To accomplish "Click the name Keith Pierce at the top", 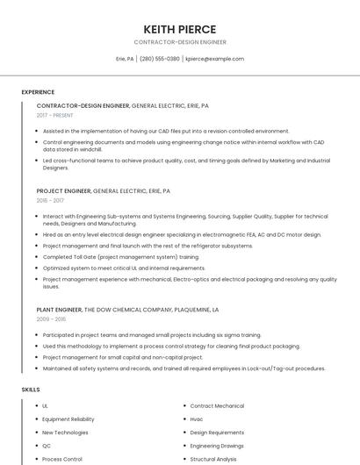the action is pos(180,29).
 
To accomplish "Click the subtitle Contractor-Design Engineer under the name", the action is pos(180,42).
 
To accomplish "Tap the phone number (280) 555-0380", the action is pos(159,59).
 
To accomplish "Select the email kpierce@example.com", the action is pos(214,59).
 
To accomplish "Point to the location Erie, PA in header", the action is pos(125,59).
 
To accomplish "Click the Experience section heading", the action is pos(38,92).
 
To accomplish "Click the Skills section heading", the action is pos(31,389).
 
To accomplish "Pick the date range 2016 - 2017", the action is pos(50,201).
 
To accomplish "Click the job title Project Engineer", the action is pos(64,190).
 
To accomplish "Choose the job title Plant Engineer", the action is pos(59,310).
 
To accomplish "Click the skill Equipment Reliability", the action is pos(68,419).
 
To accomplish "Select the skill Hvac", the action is pos(197,419).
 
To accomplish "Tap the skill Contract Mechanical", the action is pos(217,406).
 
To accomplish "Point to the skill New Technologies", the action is pos(65,433).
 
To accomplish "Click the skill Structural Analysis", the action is pos(214,459).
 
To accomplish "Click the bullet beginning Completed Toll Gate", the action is pos(120,257).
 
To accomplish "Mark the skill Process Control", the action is pos(62,459).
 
